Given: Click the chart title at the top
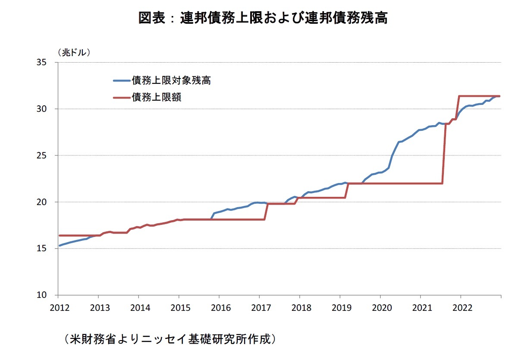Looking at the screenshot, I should pyautogui.click(x=263, y=18).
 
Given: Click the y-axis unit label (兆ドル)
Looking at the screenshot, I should pyautogui.click(x=74, y=52).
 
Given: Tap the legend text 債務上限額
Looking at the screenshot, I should pyautogui.click(x=157, y=97).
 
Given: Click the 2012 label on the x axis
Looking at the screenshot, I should pyautogui.click(x=57, y=308).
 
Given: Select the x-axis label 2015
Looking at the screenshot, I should pyautogui.click(x=179, y=308).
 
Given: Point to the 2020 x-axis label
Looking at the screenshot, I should pyautogui.click(x=380, y=308).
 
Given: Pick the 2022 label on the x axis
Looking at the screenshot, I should pyautogui.click(x=461, y=308).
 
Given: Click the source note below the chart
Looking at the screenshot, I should pyautogui.click(x=170, y=339).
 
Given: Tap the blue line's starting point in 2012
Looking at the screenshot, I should pyautogui.click(x=60, y=246).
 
